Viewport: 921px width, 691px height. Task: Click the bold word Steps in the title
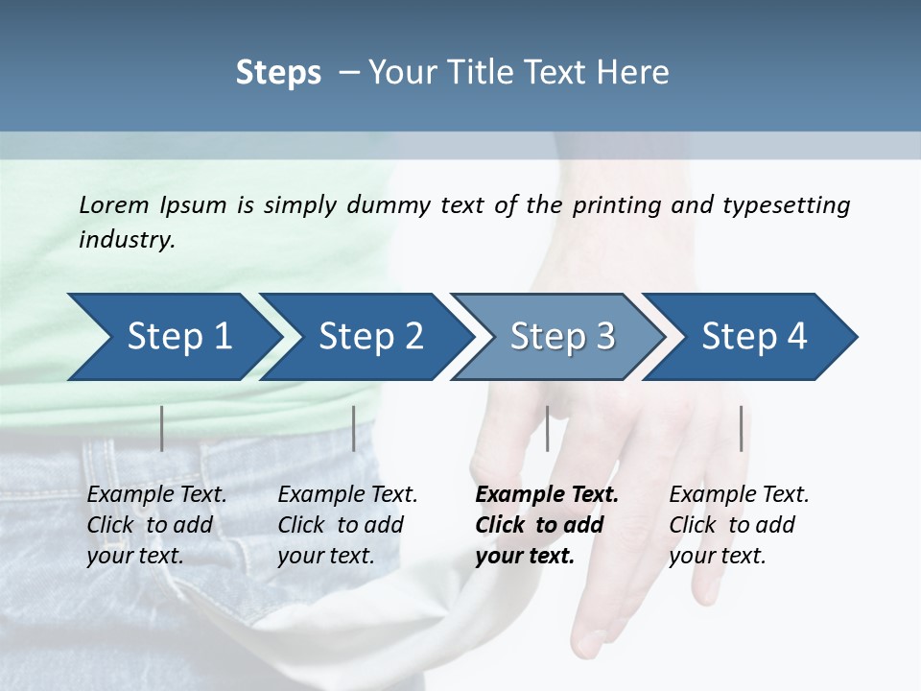pos(278,73)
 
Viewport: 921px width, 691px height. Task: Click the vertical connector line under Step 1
pos(162,428)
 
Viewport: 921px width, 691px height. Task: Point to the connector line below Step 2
pos(354,428)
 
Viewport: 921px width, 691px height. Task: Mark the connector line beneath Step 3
pos(547,428)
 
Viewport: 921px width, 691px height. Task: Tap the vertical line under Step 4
pos(741,428)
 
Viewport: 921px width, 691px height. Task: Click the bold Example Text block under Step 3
pos(547,525)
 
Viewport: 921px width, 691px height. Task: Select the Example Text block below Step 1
pos(156,525)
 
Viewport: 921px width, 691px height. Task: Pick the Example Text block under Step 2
pos(347,525)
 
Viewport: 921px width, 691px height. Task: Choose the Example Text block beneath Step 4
pos(739,525)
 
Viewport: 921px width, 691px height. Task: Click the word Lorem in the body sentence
pos(113,204)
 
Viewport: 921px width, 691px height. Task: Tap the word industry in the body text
pos(126,240)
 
